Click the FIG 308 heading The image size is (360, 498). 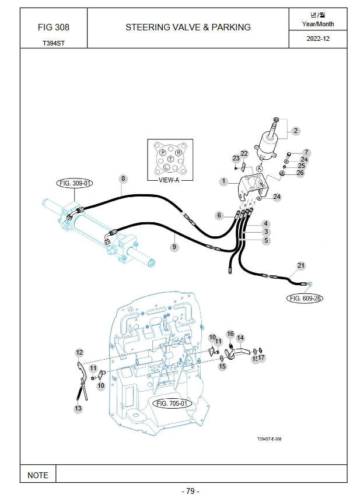[x=54, y=27]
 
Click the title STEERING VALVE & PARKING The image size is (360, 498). [x=188, y=27]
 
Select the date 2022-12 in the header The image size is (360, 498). [x=318, y=38]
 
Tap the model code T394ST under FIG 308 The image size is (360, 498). [x=54, y=43]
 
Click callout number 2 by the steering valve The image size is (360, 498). [x=295, y=131]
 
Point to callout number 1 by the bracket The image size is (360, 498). [x=223, y=181]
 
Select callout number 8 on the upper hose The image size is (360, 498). [x=123, y=178]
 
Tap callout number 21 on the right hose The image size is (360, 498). [x=301, y=265]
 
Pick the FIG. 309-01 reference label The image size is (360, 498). [x=75, y=183]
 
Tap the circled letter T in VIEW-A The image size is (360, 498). [x=170, y=159]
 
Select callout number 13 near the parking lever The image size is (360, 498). [x=78, y=409]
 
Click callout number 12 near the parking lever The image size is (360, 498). [x=79, y=352]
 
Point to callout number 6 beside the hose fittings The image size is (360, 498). [x=219, y=215]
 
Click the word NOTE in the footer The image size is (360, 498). [x=38, y=475]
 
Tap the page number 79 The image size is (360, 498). [x=190, y=491]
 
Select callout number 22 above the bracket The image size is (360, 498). [x=244, y=153]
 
